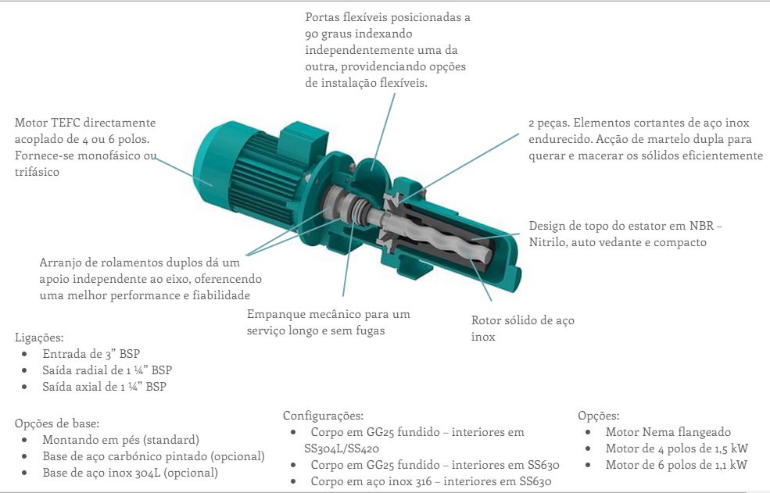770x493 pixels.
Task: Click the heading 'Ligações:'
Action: pos(39,338)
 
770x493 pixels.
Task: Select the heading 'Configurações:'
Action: pos(323,416)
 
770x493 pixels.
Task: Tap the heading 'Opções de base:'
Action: pos(57,423)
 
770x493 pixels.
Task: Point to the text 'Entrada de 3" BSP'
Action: pos(91,354)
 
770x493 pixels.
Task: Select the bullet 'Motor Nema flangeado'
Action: pos(668,432)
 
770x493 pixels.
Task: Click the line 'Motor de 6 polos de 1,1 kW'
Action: pos(676,465)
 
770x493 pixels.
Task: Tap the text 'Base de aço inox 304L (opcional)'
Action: pos(130,473)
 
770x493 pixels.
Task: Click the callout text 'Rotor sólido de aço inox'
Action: pos(522,328)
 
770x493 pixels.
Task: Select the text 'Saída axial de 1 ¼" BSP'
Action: pos(104,387)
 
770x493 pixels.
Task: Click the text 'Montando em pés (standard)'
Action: pos(121,440)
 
